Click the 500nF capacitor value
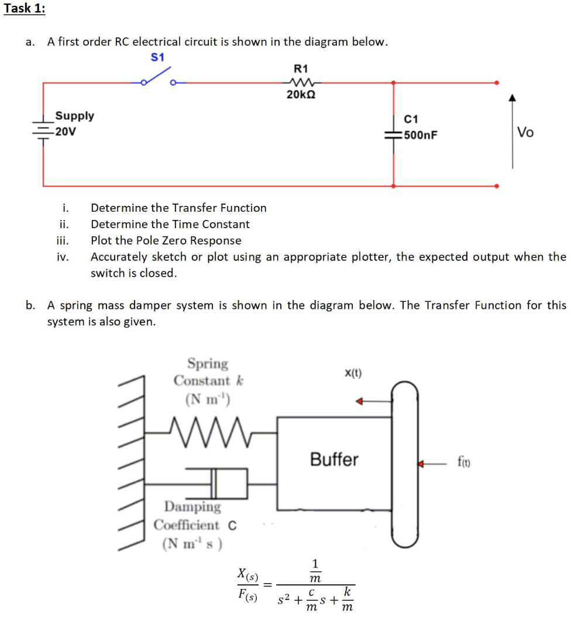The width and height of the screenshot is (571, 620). [x=420, y=136]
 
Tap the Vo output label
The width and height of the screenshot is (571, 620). [x=525, y=133]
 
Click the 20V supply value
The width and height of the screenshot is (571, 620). [x=66, y=131]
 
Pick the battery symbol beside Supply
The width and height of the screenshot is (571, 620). [x=43, y=131]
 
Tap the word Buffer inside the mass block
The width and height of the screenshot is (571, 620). [x=333, y=460]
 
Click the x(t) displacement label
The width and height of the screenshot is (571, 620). [x=353, y=373]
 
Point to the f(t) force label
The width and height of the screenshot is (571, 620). [x=466, y=463]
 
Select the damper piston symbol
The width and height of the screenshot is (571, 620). [x=217, y=483]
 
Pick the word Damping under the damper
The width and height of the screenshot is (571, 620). [x=192, y=506]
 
